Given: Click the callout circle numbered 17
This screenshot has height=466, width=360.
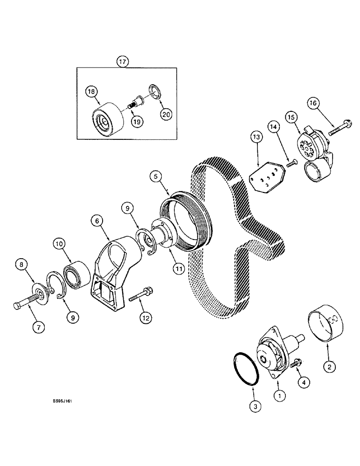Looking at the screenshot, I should (x=122, y=62).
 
